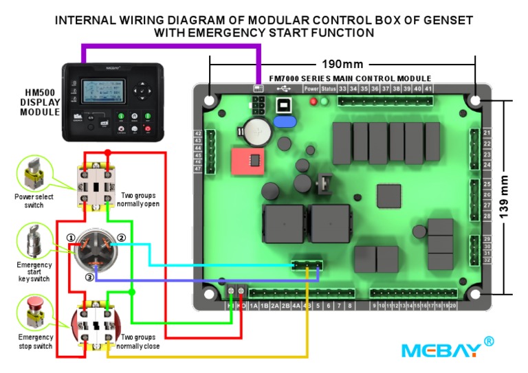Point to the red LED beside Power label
coord(314,102)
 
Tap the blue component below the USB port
coord(284,122)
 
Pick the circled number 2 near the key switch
coord(121,238)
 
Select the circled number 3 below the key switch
coord(89,277)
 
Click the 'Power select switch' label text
coord(29,201)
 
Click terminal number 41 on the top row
coord(428,89)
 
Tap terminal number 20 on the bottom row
coord(453,306)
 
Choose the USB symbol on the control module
coord(283,89)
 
